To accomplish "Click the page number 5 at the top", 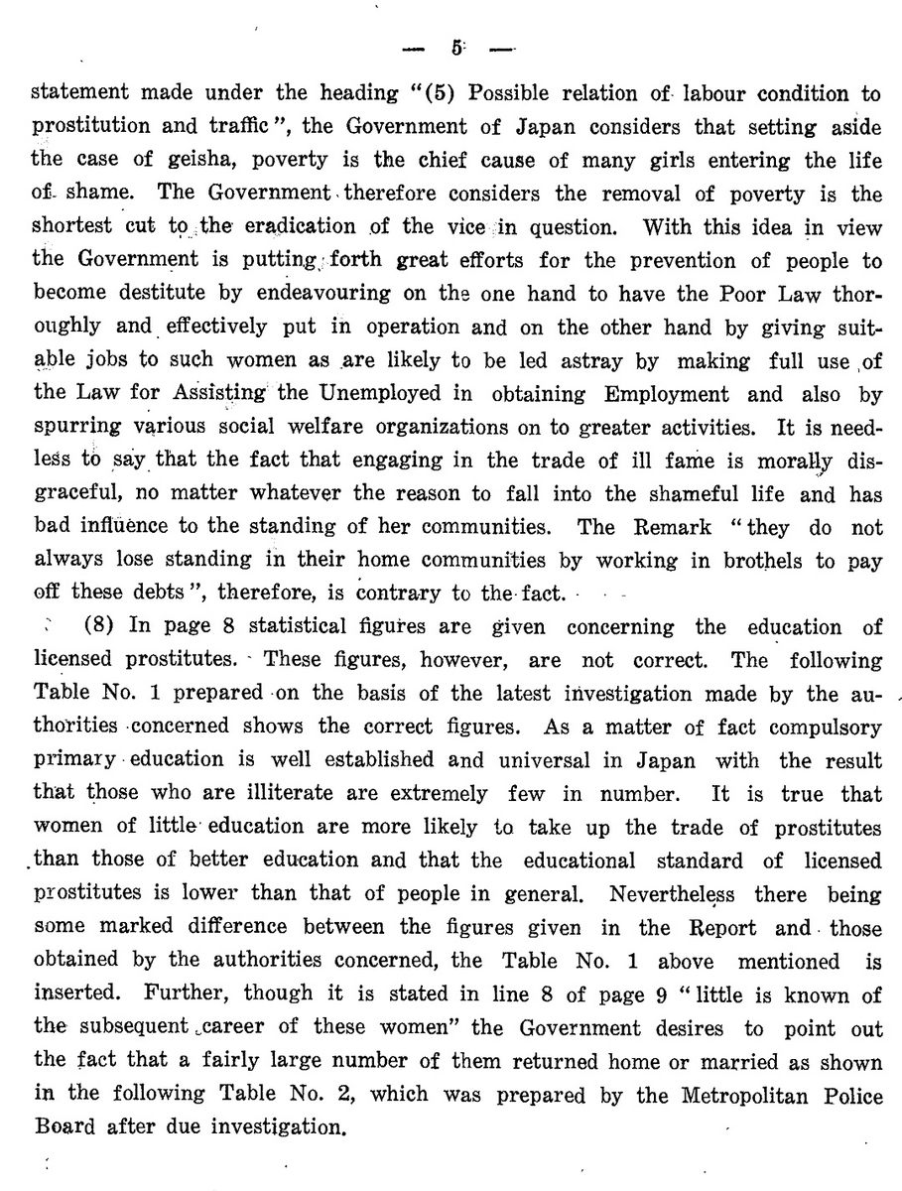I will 454,47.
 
